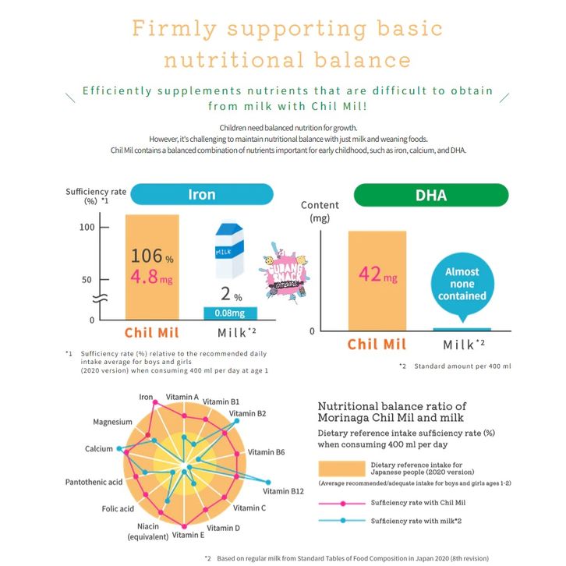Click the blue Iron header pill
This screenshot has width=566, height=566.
(x=201, y=193)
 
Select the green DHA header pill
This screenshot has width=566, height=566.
(x=430, y=194)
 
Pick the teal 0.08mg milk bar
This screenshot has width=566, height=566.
(x=230, y=313)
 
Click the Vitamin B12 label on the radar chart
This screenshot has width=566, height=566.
(x=281, y=491)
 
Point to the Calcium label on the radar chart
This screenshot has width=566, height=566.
(x=99, y=449)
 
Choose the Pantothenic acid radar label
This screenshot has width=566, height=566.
(x=94, y=483)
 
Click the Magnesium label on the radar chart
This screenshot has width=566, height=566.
(x=112, y=422)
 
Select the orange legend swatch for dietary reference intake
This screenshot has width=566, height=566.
(x=341, y=469)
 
